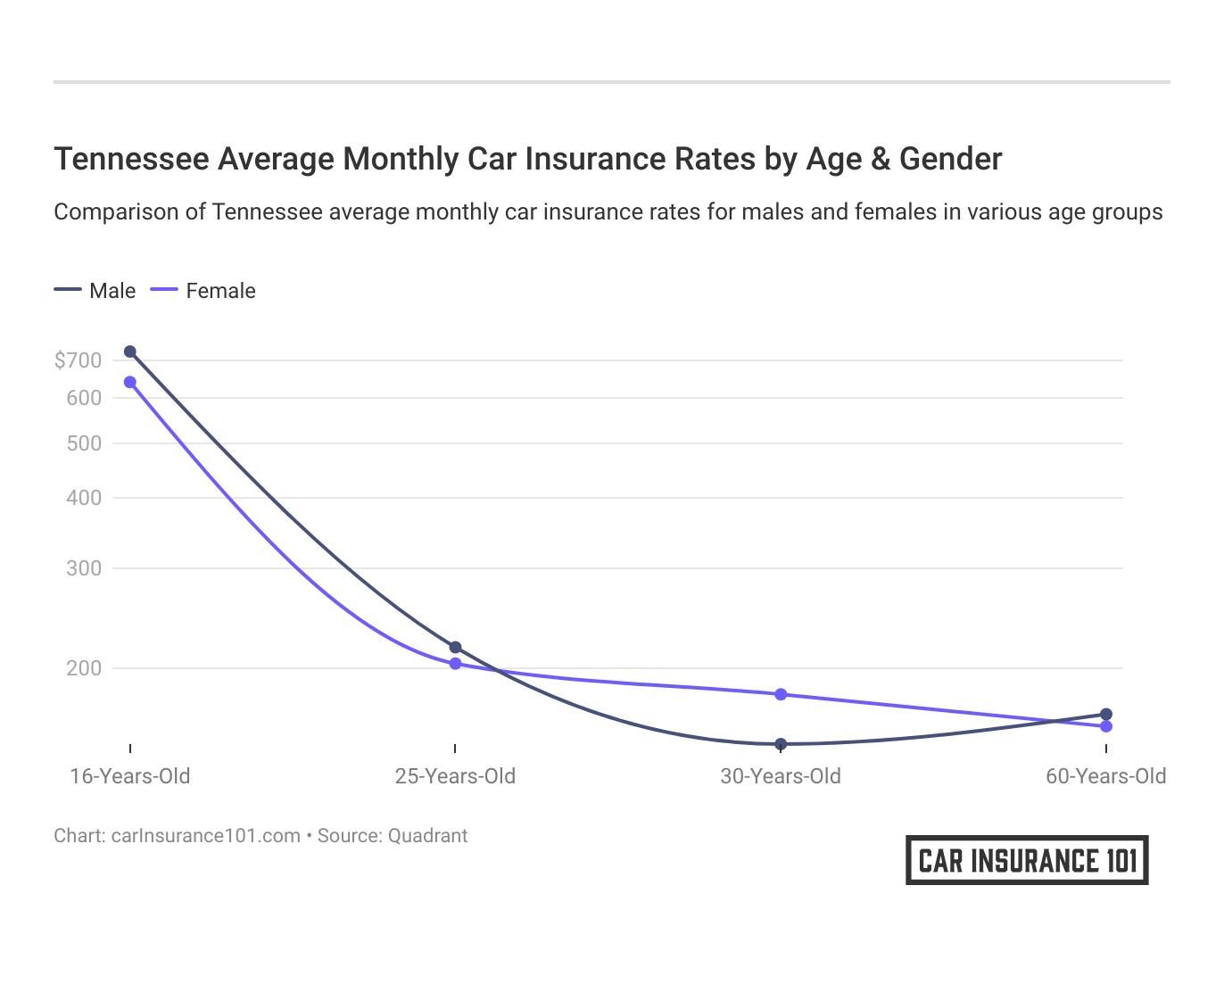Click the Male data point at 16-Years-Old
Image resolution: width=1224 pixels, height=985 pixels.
[130, 352]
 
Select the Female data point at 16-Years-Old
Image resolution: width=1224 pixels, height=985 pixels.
[130, 382]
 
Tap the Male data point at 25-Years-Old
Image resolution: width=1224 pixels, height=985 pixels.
[456, 647]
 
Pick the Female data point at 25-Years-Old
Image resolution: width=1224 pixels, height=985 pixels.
[456, 664]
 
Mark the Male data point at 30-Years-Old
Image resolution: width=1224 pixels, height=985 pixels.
[781, 744]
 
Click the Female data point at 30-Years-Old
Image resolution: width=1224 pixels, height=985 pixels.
[781, 694]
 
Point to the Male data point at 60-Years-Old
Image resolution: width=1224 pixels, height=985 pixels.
[1106, 714]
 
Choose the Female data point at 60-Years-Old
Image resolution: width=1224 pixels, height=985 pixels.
[1106, 726]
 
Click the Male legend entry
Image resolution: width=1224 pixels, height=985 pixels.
[95, 291]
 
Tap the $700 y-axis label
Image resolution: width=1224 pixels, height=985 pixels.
[78, 360]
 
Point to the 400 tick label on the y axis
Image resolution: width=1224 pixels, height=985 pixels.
[84, 498]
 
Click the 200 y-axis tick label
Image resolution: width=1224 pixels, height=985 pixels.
[84, 668]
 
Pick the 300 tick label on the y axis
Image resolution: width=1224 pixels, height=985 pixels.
[84, 568]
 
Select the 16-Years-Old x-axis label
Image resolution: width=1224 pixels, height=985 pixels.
[130, 776]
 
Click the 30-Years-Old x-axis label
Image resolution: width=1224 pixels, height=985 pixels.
[781, 776]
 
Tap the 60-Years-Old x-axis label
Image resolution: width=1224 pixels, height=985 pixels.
[1106, 776]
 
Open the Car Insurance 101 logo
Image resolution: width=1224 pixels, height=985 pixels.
[1027, 860]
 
